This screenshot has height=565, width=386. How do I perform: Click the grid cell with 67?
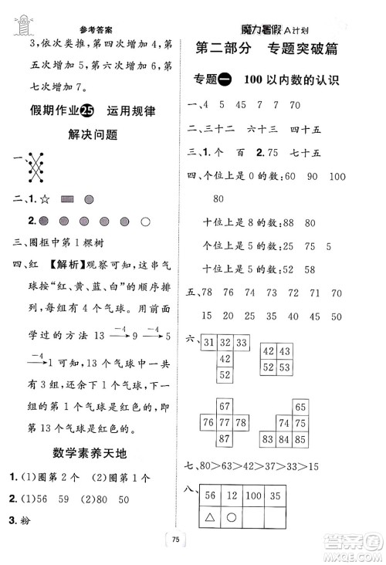pos(225,406)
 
